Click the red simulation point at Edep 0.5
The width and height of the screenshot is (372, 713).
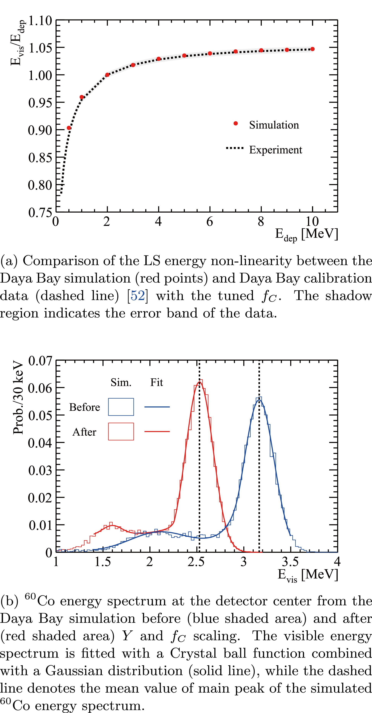coord(69,128)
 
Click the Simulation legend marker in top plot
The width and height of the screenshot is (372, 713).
coord(236,123)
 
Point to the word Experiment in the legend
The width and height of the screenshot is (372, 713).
coord(276,150)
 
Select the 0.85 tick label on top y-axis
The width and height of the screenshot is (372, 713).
coord(40,158)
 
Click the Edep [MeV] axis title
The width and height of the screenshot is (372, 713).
coord(306,234)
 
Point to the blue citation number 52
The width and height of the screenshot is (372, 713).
coord(137,296)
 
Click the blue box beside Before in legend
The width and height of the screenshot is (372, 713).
coord(121,407)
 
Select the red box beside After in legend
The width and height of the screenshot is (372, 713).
coord(121,431)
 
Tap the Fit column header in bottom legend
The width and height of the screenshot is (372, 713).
coord(156,382)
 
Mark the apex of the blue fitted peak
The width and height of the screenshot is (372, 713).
coord(259,400)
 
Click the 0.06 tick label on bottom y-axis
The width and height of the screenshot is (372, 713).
coord(40,388)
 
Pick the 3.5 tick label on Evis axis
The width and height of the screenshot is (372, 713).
coord(290,562)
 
